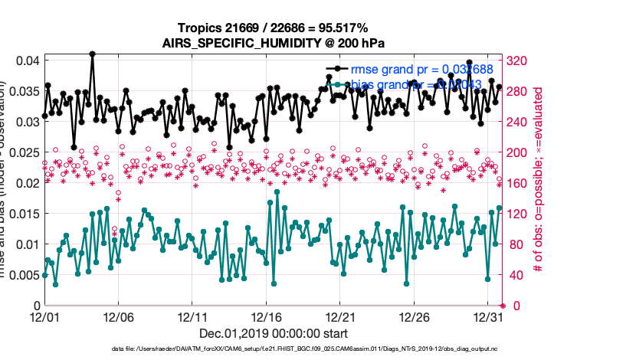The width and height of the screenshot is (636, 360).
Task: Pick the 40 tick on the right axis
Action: (514, 275)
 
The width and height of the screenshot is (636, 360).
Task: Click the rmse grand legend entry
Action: (414, 68)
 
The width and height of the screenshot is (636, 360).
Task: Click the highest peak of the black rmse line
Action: (92, 54)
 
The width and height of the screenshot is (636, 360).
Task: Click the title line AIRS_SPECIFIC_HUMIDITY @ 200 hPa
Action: (272, 44)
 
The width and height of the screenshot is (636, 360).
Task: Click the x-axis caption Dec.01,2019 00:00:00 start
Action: (272, 333)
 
